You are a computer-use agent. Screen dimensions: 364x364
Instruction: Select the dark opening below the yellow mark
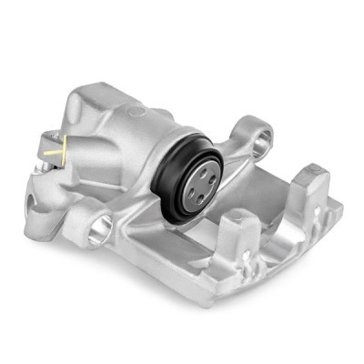(41, 190)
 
